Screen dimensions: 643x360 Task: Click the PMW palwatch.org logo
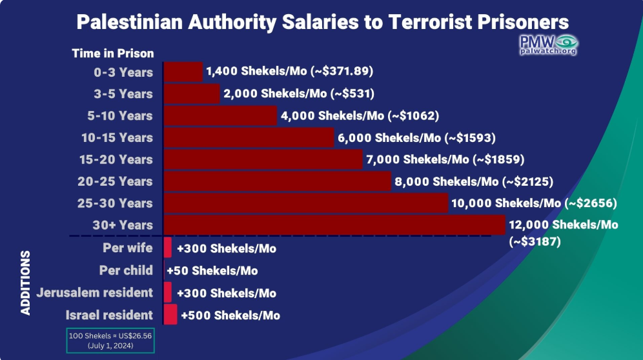[548, 45]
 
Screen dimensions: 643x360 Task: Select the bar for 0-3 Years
[183, 72]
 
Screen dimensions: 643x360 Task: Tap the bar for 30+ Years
[334, 225]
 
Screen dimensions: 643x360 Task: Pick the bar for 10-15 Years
[249, 137]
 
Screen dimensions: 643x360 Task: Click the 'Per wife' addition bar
[167, 248]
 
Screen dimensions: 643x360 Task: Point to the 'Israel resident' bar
[170, 314]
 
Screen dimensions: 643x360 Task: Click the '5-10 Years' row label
[119, 115]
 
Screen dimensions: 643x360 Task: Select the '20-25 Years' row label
[115, 181]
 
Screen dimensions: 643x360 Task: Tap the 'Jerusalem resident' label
[94, 292]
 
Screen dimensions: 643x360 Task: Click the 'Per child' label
[126, 270]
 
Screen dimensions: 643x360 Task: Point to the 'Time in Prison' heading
[113, 54]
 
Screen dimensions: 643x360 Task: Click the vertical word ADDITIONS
[25, 283]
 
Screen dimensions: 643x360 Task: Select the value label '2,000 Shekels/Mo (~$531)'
[299, 94]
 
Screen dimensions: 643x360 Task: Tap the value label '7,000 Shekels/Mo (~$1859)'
[445, 159]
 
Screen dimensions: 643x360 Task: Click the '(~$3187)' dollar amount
[535, 241]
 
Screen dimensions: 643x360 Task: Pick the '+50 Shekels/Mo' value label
[212, 270]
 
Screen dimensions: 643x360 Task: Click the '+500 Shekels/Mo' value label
[230, 315]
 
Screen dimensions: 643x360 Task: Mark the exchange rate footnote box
[110, 340]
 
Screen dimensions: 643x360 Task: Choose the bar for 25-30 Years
[306, 203]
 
